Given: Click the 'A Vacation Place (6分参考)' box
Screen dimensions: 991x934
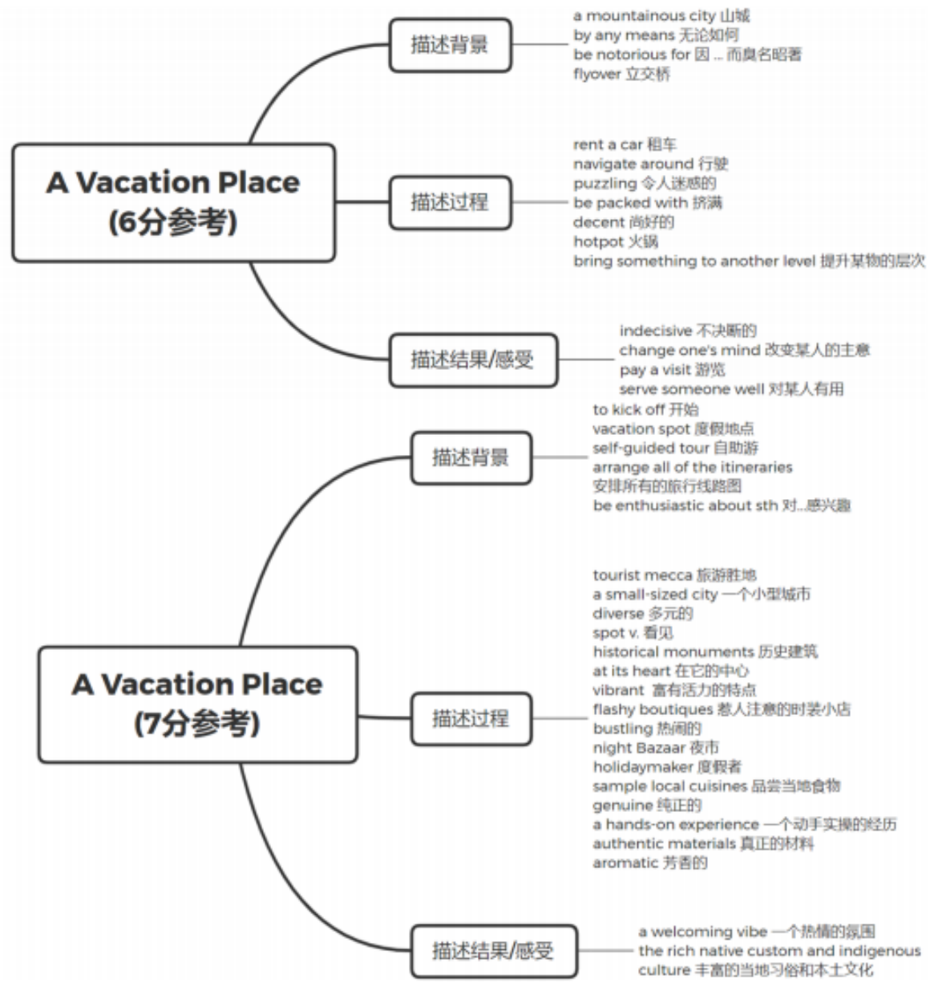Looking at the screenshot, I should (173, 202).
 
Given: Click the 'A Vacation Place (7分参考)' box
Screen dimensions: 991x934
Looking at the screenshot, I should (197, 704).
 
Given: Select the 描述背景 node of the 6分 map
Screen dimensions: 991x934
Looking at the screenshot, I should (450, 45).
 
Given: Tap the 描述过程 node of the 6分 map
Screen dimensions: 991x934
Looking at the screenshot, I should (450, 202).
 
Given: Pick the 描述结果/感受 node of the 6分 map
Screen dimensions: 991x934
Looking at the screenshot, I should (472, 359).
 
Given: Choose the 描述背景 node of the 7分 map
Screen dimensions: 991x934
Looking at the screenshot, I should (471, 458).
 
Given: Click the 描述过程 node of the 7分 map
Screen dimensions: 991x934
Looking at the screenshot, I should (471, 718).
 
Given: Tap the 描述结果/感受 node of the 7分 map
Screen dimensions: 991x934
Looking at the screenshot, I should (493, 951).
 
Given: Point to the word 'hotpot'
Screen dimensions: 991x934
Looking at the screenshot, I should (598, 242).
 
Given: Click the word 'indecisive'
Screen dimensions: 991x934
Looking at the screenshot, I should (655, 331).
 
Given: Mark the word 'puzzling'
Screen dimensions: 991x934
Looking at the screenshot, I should (604, 183).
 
